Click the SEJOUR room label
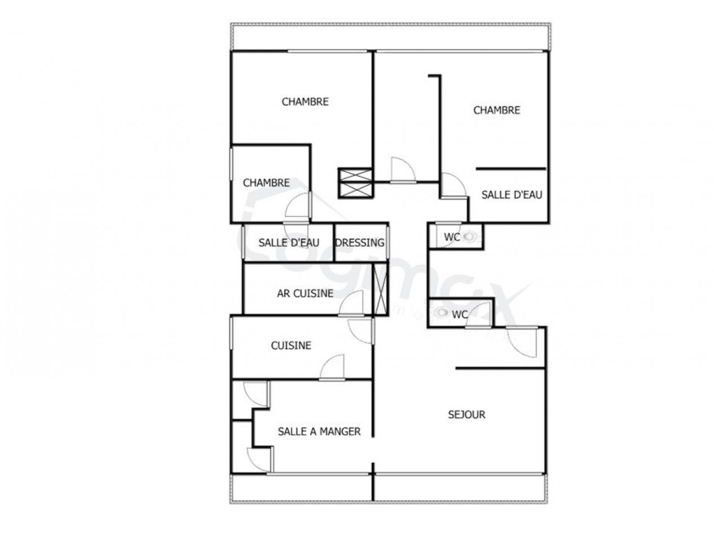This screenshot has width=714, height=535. click(466, 415)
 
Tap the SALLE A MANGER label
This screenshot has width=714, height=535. click(319, 432)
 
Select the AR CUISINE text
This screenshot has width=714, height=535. click(305, 293)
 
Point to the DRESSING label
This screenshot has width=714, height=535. click(360, 243)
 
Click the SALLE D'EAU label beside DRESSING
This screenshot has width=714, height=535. click(289, 243)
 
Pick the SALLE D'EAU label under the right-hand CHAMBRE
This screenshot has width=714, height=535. click(512, 195)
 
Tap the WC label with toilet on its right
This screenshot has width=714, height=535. click(451, 237)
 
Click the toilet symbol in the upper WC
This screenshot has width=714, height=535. click(469, 237)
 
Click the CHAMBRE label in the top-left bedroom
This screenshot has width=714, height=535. click(305, 102)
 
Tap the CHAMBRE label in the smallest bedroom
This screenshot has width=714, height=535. click(266, 183)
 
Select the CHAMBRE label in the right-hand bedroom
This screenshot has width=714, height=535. click(496, 110)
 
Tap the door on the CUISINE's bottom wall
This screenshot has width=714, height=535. click(332, 368)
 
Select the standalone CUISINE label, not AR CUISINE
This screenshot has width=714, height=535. click(291, 346)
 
